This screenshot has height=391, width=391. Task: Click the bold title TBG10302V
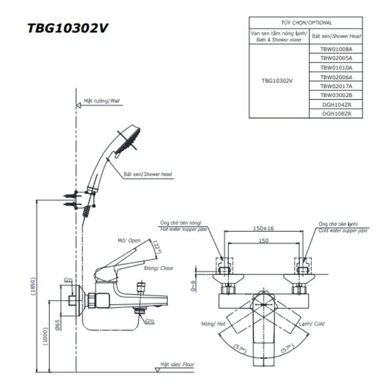click(67, 28)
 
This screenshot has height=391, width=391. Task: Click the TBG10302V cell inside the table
click(277, 81)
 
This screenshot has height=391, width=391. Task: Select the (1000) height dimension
click(46, 337)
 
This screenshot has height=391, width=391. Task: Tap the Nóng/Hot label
click(213, 324)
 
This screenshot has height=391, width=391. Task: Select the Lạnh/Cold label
click(311, 324)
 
